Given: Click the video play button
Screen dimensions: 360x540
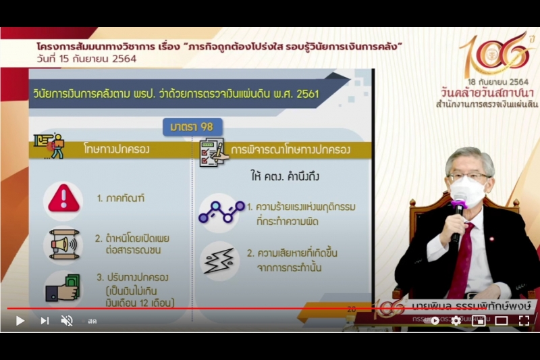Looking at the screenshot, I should (20, 321).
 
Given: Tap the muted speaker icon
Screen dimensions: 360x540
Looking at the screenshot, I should (67, 321).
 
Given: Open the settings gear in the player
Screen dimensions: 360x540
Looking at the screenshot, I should (456, 321).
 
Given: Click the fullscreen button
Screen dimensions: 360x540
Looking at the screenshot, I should (524, 321).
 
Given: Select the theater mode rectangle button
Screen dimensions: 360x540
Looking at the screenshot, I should (502, 321).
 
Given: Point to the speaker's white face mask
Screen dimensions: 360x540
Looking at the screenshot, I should (467, 193).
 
